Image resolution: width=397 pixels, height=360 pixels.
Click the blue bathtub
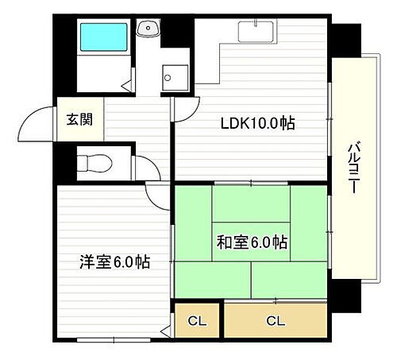tap(104, 37)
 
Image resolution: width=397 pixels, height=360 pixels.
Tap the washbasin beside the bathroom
tap(148, 29)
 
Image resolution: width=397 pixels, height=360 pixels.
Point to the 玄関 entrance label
tap(79, 121)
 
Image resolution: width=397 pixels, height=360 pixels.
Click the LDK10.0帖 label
tap(258, 123)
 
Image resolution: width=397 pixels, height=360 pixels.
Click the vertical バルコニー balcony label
tap(353, 172)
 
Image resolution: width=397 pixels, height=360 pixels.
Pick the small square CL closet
tap(197, 320)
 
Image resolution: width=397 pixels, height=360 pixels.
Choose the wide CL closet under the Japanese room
tap(275, 320)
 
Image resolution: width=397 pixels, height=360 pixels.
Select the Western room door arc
tap(159, 195)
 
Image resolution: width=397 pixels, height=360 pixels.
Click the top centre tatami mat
tap(251, 203)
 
